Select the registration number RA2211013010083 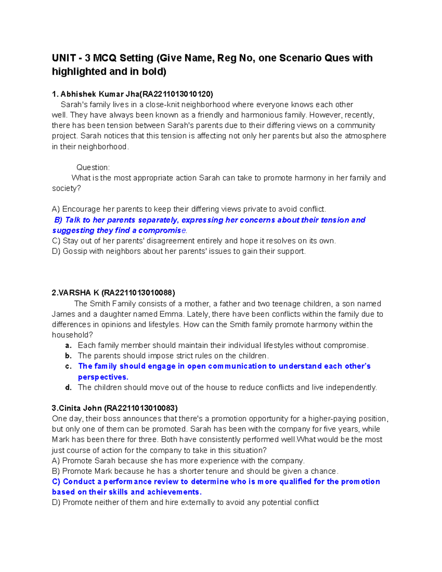(141, 408)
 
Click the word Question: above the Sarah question (93, 168)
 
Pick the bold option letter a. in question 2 (68, 345)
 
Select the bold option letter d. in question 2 (68, 387)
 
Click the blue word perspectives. (103, 377)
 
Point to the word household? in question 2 (73, 335)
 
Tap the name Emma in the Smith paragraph (171, 314)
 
